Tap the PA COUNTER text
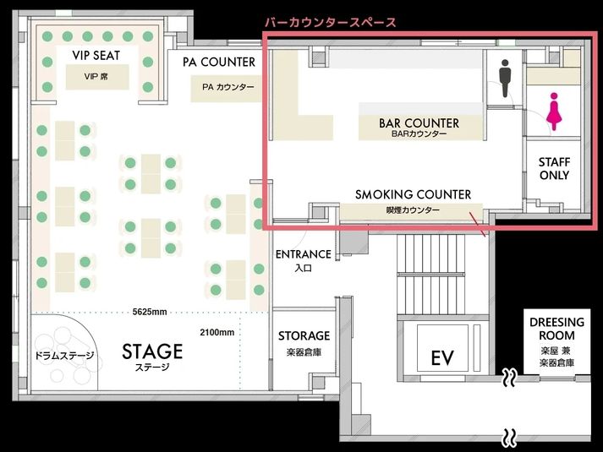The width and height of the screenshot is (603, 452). coord(218,63)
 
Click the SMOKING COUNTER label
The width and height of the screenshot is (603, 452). coord(413,195)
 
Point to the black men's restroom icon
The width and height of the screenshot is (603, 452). coord(505,79)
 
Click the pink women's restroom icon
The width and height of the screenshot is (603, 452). coord(554,112)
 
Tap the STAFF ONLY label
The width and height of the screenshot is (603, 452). coord(554,169)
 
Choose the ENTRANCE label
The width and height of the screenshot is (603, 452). coord(303,254)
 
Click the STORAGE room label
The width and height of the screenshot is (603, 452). coord(304,336)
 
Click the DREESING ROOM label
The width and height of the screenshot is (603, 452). coord(556,329)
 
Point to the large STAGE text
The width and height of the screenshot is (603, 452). coord(152,351)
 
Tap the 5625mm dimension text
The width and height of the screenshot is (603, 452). coord(150,312)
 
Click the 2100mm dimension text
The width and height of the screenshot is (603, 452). coord(217,332)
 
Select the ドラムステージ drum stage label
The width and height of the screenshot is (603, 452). coord(64,355)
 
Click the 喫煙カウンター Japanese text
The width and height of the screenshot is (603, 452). coord(413,210)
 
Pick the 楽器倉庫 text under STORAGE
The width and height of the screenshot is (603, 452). coord(304,351)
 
